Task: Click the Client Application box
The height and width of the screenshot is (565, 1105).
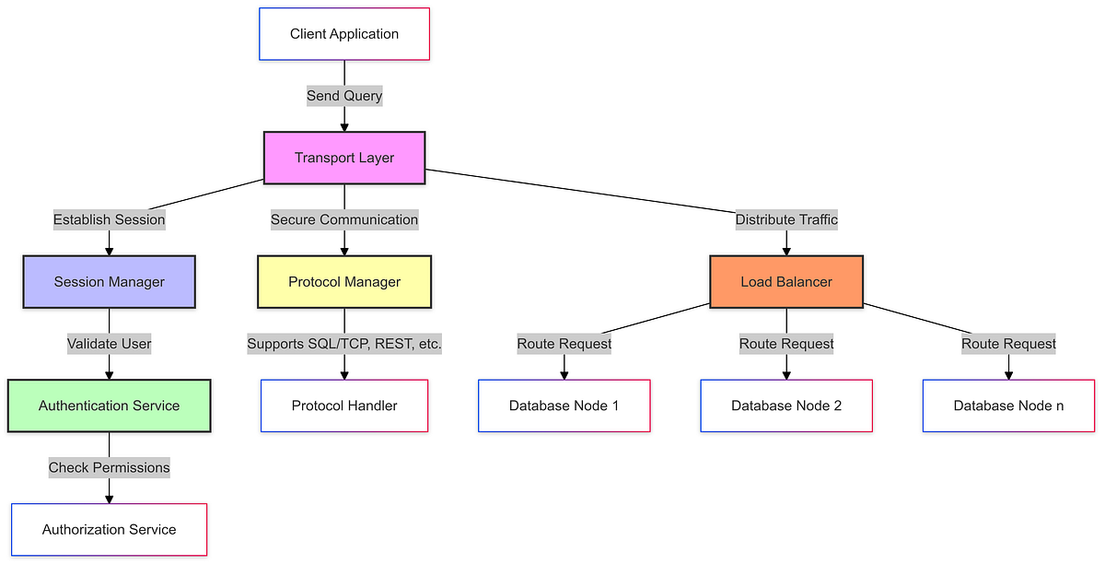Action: point(344,34)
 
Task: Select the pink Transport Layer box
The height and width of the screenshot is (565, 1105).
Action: point(344,158)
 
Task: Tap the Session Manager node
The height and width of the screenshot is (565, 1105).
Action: point(110,281)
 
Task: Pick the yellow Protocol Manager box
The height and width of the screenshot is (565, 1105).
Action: point(344,281)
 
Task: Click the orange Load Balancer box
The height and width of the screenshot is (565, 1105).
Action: point(786,281)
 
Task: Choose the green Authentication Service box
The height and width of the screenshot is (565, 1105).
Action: point(110,406)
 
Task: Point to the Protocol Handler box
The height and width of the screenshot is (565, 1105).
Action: point(344,406)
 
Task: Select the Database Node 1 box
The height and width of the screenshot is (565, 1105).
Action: point(564,406)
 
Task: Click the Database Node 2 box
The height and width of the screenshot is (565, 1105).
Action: point(786,406)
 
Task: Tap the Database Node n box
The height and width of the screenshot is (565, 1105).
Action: point(1008,406)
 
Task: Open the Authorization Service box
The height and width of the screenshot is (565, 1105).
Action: point(110,529)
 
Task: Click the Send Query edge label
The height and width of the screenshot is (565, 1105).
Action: point(344,96)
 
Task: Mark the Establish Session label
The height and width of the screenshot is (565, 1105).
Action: point(110,219)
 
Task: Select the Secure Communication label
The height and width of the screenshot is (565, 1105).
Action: point(344,219)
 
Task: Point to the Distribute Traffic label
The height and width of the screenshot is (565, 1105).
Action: point(786,219)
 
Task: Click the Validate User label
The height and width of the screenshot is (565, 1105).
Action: point(110,343)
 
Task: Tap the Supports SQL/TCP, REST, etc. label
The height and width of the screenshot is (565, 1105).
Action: point(344,344)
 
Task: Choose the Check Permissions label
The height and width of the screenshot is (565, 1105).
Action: point(110,467)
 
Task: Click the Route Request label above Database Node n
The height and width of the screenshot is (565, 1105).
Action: point(1008,344)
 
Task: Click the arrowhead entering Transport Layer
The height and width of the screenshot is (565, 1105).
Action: point(344,126)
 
